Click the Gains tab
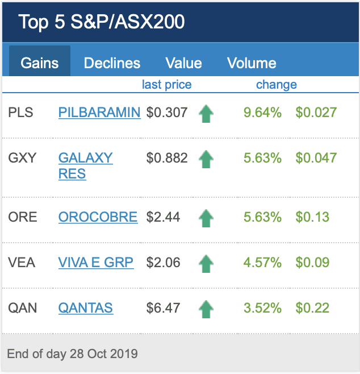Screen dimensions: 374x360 pos(40,63)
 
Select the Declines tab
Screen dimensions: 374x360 pos(112,63)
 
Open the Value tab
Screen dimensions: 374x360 pos(183,63)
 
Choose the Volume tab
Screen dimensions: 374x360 pos(252,63)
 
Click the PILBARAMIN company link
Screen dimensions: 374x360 pos(99,113)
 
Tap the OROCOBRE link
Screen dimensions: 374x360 pos(98,217)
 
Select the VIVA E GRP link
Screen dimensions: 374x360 pos(96,263)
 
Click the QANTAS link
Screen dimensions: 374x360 pos(86,308)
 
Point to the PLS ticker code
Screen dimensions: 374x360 pos(21,113)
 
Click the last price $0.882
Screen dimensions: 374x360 pos(167,158)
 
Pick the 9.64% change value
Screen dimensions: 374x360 pos(262,113)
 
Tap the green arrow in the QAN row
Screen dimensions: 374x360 pos(206,309)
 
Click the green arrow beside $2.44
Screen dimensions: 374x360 pos(206,218)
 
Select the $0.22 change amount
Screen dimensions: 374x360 pos(312,308)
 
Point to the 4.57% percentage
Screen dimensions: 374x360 pos(262,263)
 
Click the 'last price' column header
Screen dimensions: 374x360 pos(166,85)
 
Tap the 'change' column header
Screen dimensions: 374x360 pos(277,85)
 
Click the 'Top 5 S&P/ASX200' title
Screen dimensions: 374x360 pos(102,22)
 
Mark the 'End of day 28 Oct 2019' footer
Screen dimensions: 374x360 pos(72,354)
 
